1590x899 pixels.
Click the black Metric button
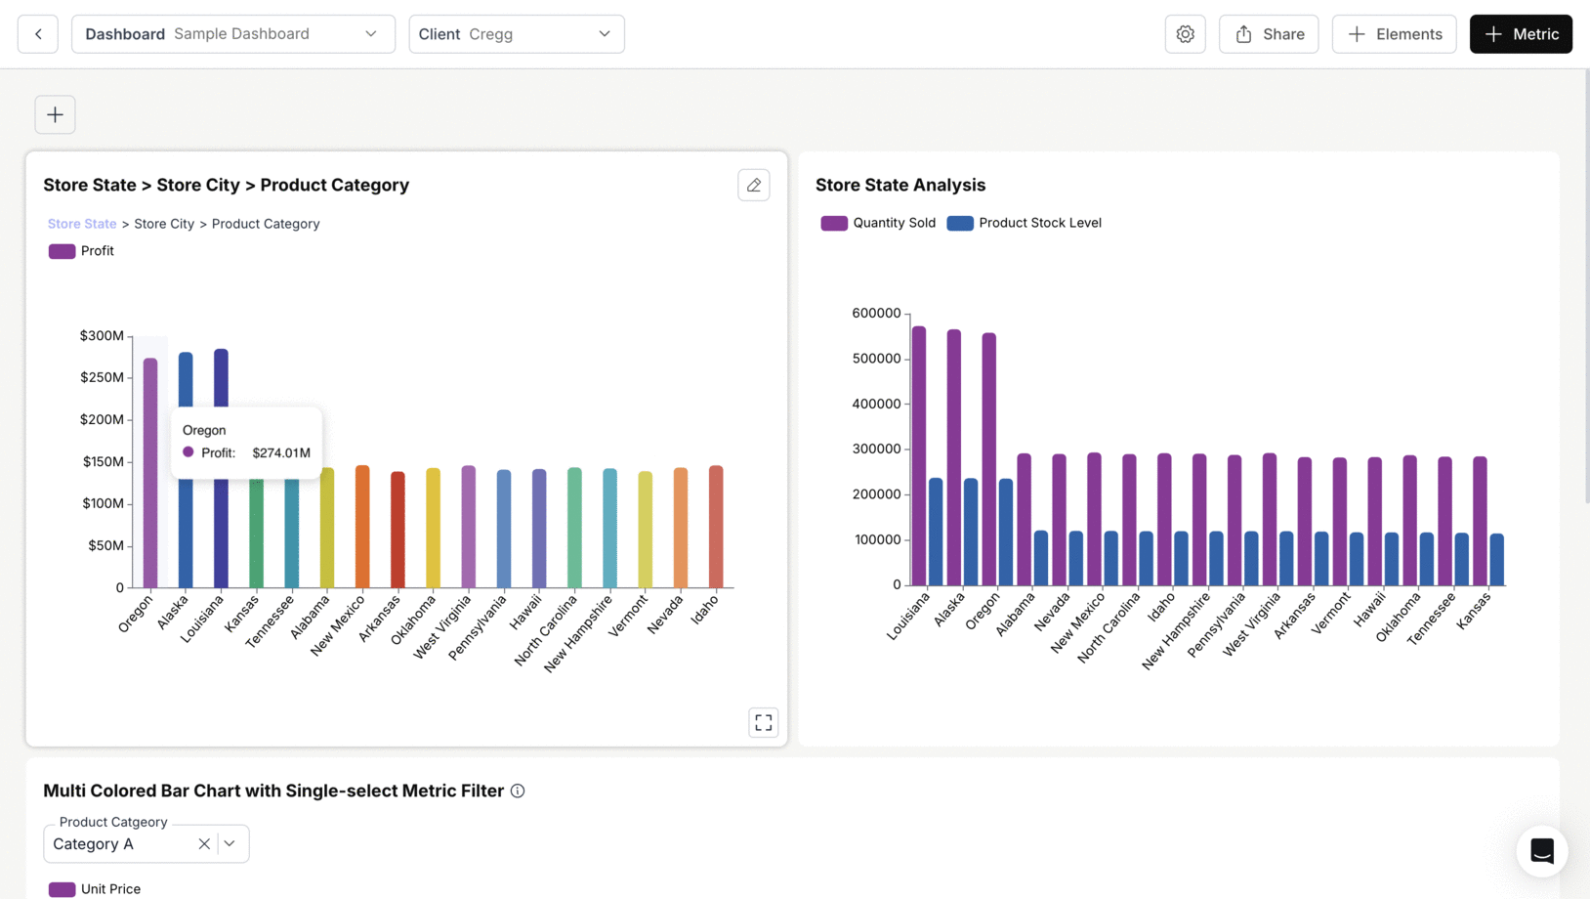[x=1520, y=34]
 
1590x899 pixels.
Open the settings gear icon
[x=1185, y=34]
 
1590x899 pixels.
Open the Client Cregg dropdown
[x=516, y=34]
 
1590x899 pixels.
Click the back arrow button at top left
[x=38, y=34]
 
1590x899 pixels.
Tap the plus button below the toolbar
[x=55, y=114]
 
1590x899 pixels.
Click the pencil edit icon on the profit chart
[x=753, y=185]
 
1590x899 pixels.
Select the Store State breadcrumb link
[x=82, y=224]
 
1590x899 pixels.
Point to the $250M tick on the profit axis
[x=102, y=377]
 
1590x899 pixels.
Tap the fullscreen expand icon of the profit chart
[x=763, y=722]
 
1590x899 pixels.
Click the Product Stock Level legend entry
[x=1025, y=223]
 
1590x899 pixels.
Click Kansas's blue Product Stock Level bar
[x=1496, y=559]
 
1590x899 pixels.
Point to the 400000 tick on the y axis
[x=876, y=404]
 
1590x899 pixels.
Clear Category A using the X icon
[x=204, y=843]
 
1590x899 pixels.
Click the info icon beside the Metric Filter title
[x=518, y=791]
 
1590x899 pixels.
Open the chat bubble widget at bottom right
[x=1541, y=850]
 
